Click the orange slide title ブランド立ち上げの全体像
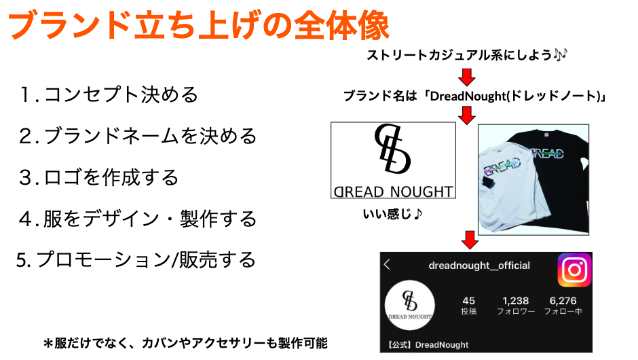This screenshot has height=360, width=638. tap(199, 25)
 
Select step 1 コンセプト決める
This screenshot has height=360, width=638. tap(109, 95)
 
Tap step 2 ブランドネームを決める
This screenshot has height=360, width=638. tap(138, 136)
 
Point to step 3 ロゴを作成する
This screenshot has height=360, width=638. tap(99, 177)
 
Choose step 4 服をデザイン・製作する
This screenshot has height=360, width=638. tap(138, 219)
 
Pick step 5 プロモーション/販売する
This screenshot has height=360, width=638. tap(136, 259)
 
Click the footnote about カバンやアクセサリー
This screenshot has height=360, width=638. tap(185, 343)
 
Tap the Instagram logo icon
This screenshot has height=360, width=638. tap(574, 270)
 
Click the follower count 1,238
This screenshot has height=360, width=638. tap(516, 301)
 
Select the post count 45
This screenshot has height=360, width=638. tap(469, 301)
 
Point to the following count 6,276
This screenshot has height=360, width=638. tap(563, 301)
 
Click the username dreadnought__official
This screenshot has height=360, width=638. tap(479, 266)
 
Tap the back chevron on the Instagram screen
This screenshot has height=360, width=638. tap(387, 265)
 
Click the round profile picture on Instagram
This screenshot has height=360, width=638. tap(410, 305)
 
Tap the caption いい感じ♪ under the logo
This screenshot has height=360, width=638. tap(393, 214)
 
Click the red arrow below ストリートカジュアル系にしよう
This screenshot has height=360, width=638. tap(467, 77)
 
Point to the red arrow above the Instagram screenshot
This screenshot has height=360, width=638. tap(470, 240)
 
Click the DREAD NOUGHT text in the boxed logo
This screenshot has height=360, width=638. tap(393, 192)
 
